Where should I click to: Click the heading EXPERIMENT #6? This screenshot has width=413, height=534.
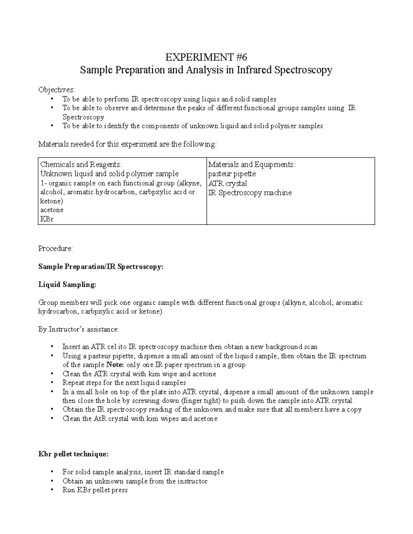[206, 57]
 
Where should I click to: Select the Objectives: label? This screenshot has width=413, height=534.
[56, 90]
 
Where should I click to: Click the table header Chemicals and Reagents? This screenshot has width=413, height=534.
[81, 165]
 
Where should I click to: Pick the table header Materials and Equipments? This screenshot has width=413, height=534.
[252, 165]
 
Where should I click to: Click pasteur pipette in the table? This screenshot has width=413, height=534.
[232, 174]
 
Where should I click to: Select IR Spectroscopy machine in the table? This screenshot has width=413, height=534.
[250, 193]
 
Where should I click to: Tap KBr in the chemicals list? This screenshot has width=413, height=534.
[47, 219]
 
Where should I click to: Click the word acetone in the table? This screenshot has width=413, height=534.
[52, 210]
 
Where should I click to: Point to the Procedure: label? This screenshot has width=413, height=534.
[55, 249]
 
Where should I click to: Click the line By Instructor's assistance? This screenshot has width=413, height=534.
[78, 329]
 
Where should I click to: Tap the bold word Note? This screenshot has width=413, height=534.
[115, 365]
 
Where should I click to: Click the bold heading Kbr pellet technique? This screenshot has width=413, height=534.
[73, 454]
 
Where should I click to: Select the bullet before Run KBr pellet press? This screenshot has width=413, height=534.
[52, 490]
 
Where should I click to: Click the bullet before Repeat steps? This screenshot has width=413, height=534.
[52, 383]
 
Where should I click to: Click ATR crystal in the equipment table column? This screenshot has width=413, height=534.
[227, 183]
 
